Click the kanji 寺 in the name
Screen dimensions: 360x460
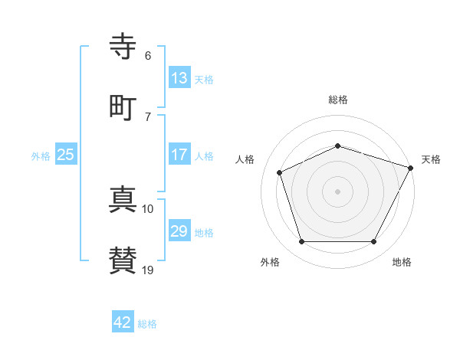click(x=123, y=47)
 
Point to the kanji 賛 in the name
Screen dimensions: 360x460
click(x=123, y=260)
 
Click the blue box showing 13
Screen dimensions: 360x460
click(x=179, y=78)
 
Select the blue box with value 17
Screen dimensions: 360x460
click(x=179, y=155)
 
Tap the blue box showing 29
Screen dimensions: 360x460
click(x=179, y=231)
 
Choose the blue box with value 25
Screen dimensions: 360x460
click(x=65, y=155)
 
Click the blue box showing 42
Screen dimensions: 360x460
click(x=123, y=322)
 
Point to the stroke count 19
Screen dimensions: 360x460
click(x=148, y=270)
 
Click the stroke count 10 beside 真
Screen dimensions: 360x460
click(x=148, y=208)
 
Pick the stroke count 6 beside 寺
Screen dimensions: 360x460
click(x=148, y=55)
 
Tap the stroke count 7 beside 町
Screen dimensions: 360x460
click(x=148, y=116)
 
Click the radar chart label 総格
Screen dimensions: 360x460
click(x=338, y=100)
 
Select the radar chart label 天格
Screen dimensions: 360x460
click(x=431, y=159)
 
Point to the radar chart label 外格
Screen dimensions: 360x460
click(x=270, y=262)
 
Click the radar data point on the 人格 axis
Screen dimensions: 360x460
click(x=280, y=172)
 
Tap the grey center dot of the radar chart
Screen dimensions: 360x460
click(x=337, y=191)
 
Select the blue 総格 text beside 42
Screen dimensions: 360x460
click(x=147, y=324)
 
